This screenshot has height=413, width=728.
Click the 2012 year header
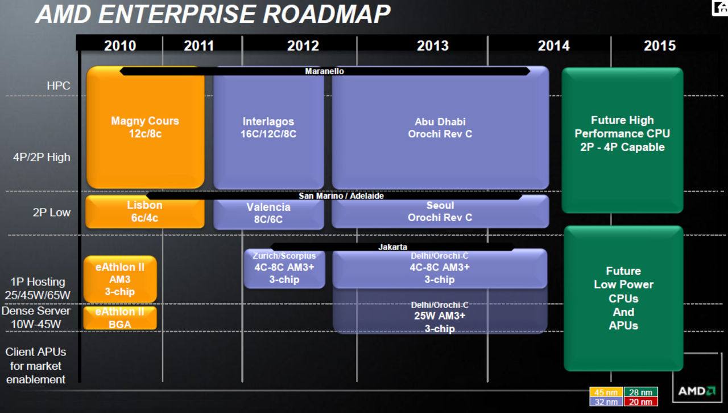[x=303, y=46]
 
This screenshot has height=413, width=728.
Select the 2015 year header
[x=659, y=46]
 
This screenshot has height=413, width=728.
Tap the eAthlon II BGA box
[x=120, y=318]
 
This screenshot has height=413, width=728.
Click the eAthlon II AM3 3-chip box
[x=120, y=279]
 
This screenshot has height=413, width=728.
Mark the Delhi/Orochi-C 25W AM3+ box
[x=440, y=317]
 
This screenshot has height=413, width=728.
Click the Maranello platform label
[x=324, y=71]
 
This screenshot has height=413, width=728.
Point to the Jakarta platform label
[x=392, y=247]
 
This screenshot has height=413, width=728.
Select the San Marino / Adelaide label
[x=341, y=195]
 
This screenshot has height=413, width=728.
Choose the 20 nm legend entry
[x=641, y=402]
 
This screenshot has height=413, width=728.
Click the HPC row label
[x=59, y=86]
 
